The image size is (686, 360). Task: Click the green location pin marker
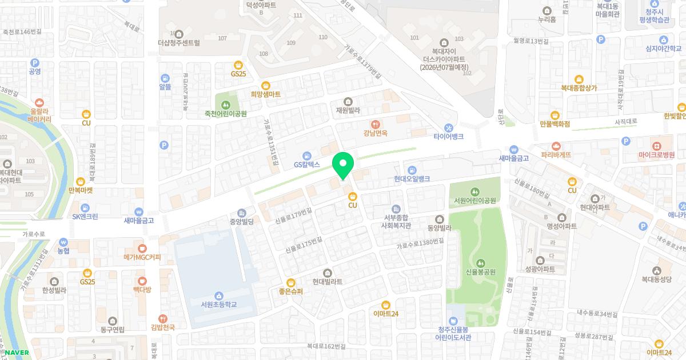tap(343, 166)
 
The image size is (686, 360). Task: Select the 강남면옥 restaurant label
tap(376, 133)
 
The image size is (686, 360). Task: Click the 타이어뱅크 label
tap(448, 137)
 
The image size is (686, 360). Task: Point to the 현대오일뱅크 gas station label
tap(412, 179)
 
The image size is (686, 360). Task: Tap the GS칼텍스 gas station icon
tap(307, 155)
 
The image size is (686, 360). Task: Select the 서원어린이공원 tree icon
tap(474, 191)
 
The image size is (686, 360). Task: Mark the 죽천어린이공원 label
tap(226, 114)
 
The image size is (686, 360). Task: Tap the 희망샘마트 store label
tap(265, 94)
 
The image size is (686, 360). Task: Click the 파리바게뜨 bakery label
tap(555, 155)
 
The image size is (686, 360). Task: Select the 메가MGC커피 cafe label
tap(142, 257)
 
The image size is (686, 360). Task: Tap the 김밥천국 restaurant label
tap(162, 327)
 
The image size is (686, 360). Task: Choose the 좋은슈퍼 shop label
tap(291, 291)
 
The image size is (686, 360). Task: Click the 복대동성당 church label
tap(656, 279)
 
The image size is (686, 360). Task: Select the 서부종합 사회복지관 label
tap(397, 221)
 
